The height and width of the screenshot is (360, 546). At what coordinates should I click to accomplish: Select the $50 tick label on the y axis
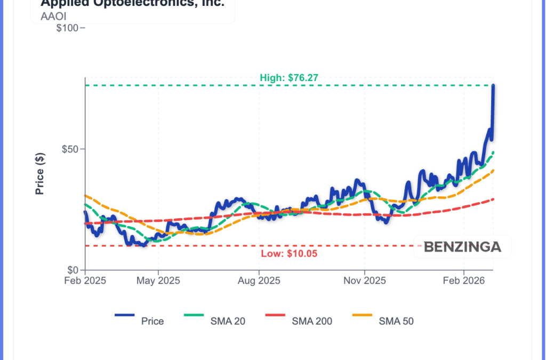click(69, 149)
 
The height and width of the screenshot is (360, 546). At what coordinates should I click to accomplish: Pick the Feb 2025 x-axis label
click(85, 281)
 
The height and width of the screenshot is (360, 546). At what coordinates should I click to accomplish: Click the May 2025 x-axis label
click(158, 281)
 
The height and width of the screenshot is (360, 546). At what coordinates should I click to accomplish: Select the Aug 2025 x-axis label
click(259, 281)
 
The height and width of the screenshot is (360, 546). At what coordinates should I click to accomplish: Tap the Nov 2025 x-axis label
click(365, 281)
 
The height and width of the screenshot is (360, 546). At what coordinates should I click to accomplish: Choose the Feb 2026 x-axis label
click(464, 281)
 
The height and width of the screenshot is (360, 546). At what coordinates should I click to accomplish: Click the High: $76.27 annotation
click(289, 78)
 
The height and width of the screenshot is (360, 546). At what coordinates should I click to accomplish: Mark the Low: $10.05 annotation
click(289, 253)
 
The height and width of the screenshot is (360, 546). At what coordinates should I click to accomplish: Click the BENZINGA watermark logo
click(462, 247)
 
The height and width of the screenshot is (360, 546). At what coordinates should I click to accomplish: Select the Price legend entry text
click(152, 321)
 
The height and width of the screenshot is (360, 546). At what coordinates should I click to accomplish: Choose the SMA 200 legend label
click(312, 321)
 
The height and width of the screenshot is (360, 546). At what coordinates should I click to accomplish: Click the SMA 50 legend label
click(396, 321)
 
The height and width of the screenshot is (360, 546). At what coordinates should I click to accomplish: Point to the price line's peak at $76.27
click(493, 85)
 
